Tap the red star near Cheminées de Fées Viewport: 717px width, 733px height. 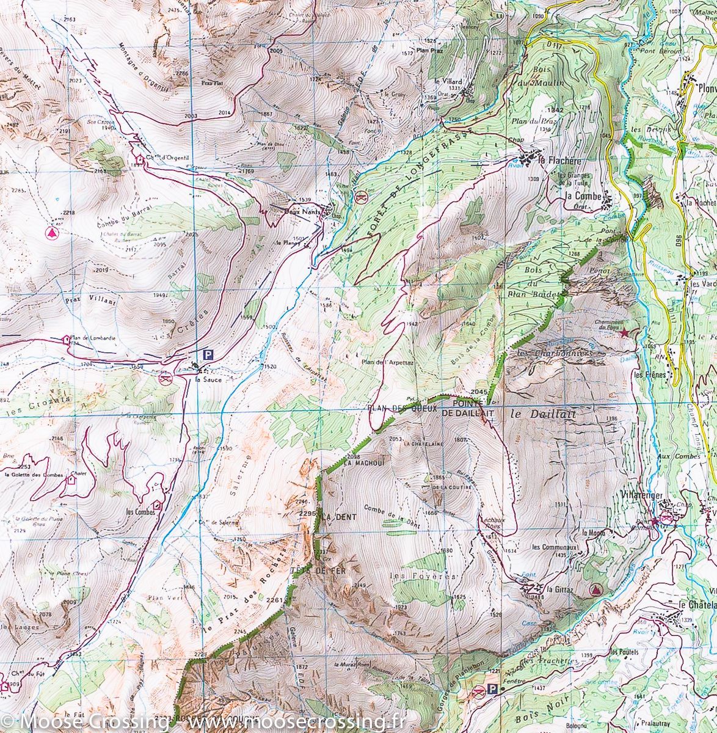coord(624,333)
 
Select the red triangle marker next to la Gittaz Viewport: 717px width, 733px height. coord(595,589)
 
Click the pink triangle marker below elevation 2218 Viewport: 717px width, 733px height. coord(51,232)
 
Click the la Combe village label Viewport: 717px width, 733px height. coord(582,196)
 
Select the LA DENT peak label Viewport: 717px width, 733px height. coord(338,517)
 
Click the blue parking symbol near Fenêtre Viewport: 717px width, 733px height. coord(493,690)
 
